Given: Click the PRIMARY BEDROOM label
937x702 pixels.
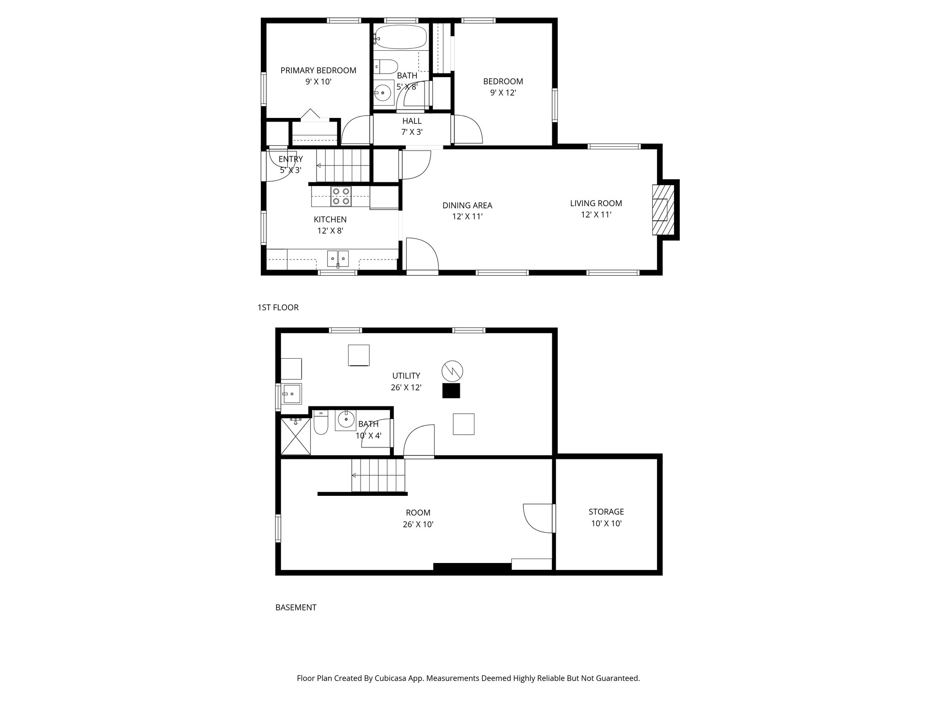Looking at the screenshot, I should [x=318, y=70].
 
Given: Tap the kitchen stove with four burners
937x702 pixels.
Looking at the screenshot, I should [x=341, y=197].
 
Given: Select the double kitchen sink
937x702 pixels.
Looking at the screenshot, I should [x=338, y=259].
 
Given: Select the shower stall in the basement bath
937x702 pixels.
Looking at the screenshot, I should [x=295, y=436].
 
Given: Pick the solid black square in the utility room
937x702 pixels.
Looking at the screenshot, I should [x=451, y=391].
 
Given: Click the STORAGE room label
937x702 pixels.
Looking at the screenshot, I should [x=606, y=512].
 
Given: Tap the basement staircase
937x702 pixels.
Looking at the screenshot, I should [x=378, y=475].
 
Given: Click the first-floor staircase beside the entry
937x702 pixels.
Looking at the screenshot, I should [x=343, y=165].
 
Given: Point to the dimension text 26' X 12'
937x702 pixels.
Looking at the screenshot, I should [x=406, y=388].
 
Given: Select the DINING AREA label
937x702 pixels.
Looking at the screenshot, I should [x=467, y=206].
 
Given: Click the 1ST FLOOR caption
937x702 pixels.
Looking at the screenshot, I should [x=278, y=308].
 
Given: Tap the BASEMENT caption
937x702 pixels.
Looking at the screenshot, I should [x=296, y=607].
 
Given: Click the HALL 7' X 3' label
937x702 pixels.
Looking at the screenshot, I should [x=412, y=127].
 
